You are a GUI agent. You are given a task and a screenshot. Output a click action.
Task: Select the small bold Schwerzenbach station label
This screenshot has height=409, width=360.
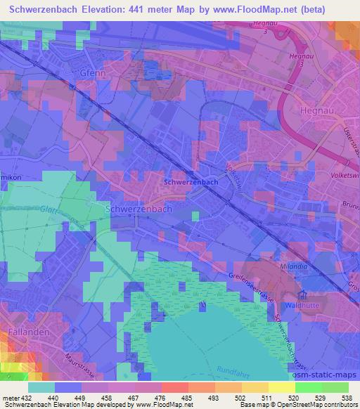point(190,182)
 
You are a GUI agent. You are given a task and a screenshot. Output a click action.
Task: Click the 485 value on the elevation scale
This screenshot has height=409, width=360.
point(186,397)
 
